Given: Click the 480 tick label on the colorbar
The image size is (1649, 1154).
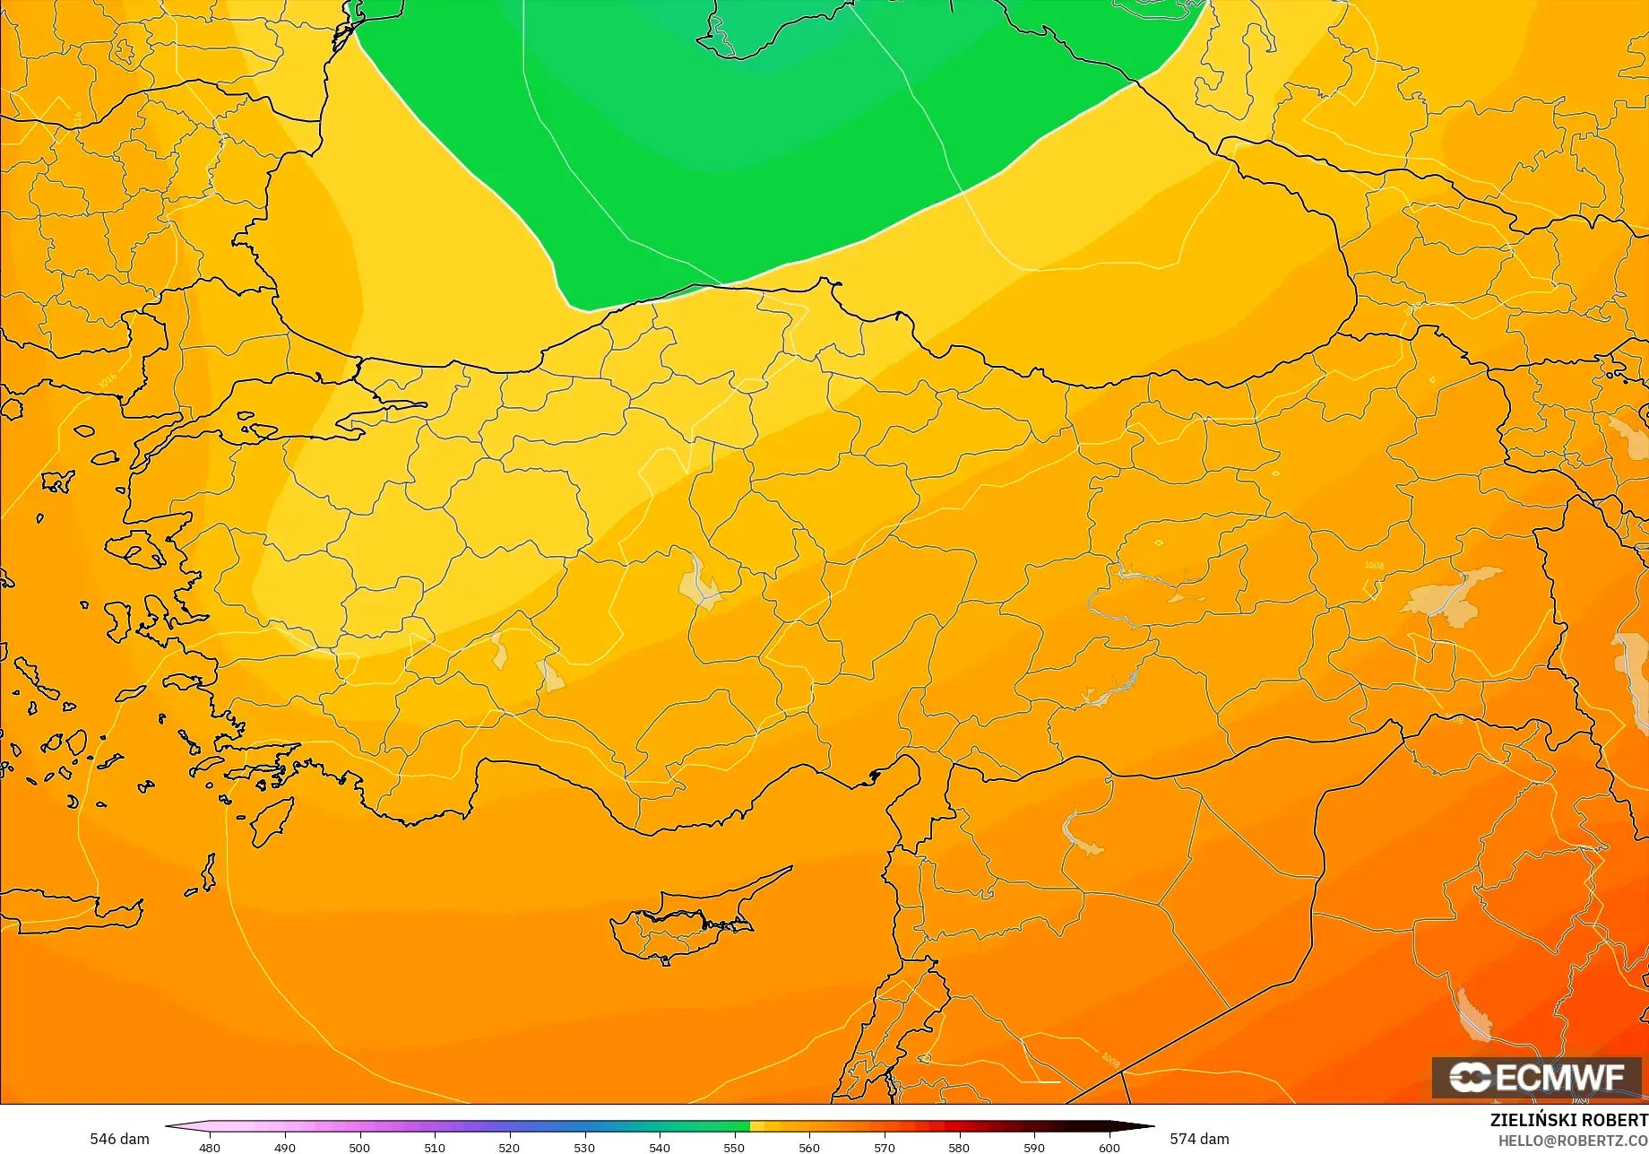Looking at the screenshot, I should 209,1147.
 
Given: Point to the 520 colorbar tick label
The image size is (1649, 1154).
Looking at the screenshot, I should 509,1147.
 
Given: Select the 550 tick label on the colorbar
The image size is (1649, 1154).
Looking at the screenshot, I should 734,1147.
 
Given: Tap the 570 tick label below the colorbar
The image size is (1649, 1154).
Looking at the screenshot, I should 884,1147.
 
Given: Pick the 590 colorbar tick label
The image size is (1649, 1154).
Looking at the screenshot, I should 1034,1147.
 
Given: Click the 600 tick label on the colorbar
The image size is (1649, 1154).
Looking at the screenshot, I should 1109,1147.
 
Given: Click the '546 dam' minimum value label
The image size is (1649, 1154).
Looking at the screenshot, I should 119,1139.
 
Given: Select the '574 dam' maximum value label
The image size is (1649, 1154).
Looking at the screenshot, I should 1199,1139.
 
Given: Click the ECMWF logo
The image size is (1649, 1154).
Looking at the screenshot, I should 1536,1078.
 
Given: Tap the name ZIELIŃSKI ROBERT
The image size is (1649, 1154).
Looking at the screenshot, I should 1568,1120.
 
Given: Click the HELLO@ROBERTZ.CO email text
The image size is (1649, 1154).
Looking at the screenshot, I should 1573,1140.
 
